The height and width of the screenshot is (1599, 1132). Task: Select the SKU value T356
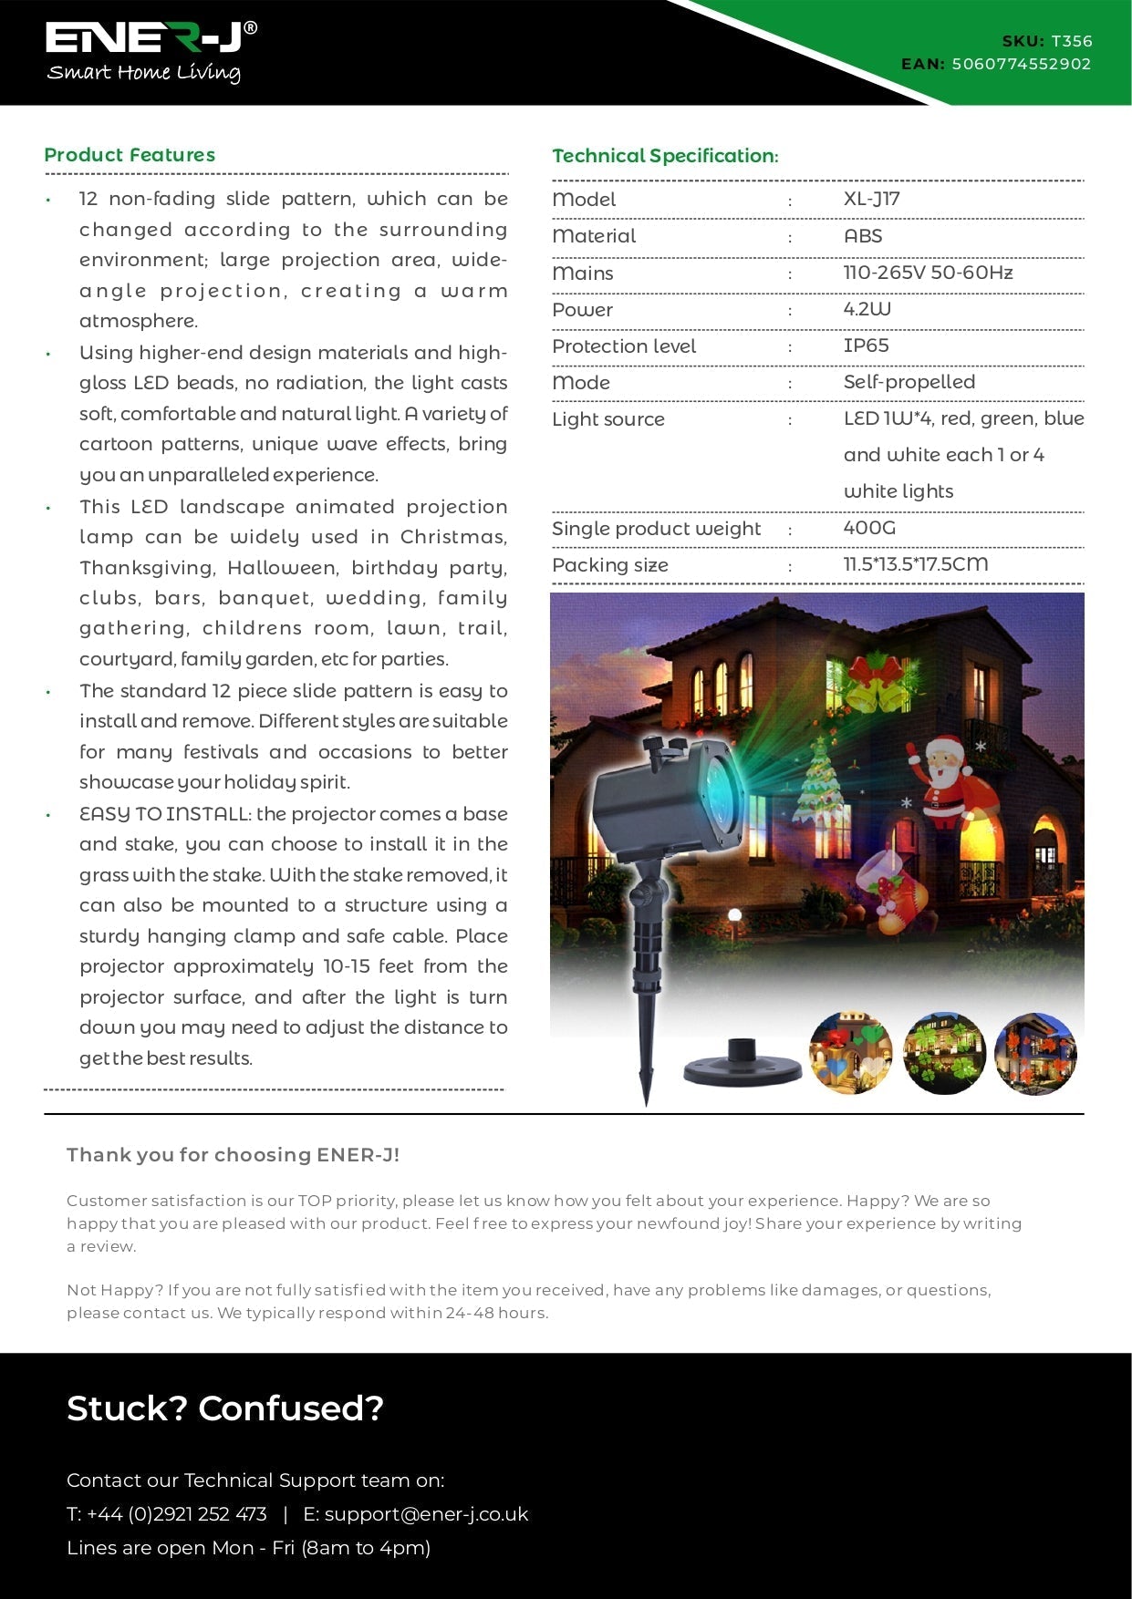click(1071, 41)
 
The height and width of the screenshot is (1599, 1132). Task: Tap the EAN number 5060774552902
click(1021, 64)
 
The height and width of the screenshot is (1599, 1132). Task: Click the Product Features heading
click(130, 155)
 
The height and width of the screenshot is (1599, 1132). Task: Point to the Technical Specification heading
click(665, 156)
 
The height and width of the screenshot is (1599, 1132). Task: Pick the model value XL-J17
click(871, 200)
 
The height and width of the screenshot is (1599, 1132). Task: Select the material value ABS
click(863, 236)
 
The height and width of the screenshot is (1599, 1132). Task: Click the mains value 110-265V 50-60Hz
click(928, 273)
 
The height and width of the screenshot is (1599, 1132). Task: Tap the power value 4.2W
click(867, 309)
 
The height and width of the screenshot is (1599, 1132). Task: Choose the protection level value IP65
click(866, 346)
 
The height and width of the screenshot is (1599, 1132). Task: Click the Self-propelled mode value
click(909, 382)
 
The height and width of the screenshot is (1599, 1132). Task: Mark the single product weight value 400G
click(869, 528)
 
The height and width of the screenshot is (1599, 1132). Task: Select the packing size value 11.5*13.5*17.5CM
click(915, 564)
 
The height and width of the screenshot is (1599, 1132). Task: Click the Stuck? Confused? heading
click(225, 1408)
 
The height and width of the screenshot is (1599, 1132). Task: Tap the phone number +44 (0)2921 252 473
click(176, 1514)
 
